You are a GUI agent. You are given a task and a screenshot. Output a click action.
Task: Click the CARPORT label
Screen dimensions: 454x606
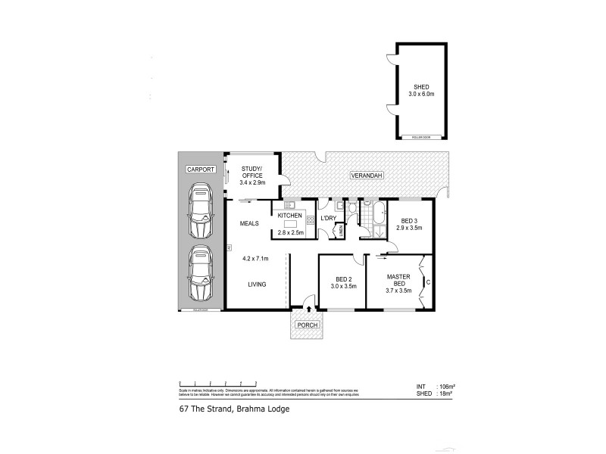pyautogui.click(x=201, y=169)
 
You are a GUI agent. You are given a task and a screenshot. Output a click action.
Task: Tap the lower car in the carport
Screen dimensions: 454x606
pyautogui.click(x=201, y=272)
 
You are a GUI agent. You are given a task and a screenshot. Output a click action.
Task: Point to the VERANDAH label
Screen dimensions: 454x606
pyautogui.click(x=366, y=176)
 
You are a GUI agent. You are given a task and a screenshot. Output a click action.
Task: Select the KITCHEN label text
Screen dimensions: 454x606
pyautogui.click(x=290, y=216)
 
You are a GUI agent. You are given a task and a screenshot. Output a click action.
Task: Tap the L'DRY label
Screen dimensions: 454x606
pyautogui.click(x=328, y=218)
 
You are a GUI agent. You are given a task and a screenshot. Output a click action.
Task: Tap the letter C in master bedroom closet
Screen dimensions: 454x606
pyautogui.click(x=428, y=283)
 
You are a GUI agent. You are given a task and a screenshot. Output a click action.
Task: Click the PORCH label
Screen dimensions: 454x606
pyautogui.click(x=308, y=325)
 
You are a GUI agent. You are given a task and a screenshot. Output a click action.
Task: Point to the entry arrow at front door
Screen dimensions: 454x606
pyautogui.click(x=308, y=309)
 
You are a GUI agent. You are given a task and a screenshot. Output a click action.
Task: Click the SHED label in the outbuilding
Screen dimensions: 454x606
pyautogui.click(x=421, y=86)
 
